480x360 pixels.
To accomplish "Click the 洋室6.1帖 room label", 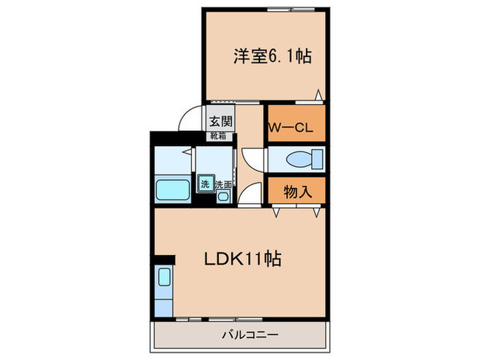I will point(272,56).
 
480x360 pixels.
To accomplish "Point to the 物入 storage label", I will point(298,191).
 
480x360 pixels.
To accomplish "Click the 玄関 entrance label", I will point(221,122).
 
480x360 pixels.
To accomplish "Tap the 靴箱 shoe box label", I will point(219,136).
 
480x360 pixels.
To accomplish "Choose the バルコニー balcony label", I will point(239,335).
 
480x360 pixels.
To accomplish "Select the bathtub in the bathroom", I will point(172,188).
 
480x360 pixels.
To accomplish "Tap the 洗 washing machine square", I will point(205,184).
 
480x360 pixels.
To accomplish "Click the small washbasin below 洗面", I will point(224,197).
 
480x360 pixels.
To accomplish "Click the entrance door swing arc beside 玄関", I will point(191,120).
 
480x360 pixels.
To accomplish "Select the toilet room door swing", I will point(252,159).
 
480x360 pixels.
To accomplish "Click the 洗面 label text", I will point(224,184).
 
